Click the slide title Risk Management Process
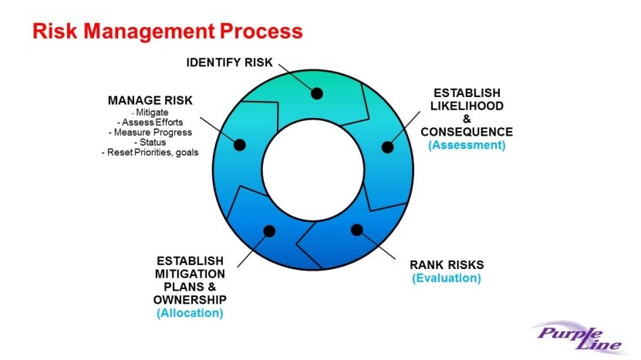pos(167,31)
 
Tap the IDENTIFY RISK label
pos(229,62)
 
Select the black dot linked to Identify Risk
pos(317,93)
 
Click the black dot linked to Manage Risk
pos(240,145)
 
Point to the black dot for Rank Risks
pos(357,230)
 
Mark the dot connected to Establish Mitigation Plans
pos(269,231)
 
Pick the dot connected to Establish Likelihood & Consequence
pos(387,147)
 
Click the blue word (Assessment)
pos(467,145)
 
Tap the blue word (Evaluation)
pos(447,278)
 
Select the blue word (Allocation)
pos(190,314)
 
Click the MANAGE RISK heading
pos(150,100)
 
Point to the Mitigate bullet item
pos(150,113)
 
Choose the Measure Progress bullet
pos(150,133)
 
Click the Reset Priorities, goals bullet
pos(150,153)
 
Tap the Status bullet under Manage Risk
pos(150,143)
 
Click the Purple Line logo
pos(579,337)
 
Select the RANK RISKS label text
pos(447,264)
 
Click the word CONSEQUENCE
pos(467,132)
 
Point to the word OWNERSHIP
pos(190,300)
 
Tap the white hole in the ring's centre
pos(312,170)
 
